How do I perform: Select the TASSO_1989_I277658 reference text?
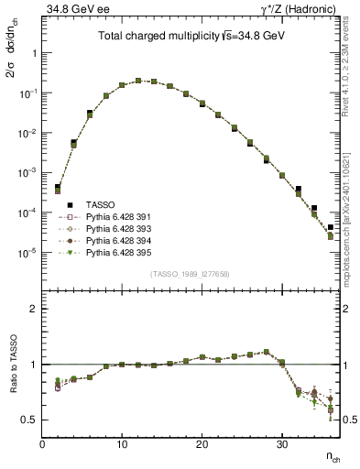(x=191, y=275)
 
